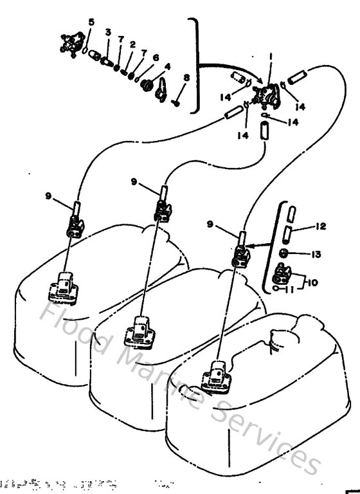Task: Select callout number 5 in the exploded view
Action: [91, 22]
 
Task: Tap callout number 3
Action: [108, 32]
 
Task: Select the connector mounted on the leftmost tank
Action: [64, 286]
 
